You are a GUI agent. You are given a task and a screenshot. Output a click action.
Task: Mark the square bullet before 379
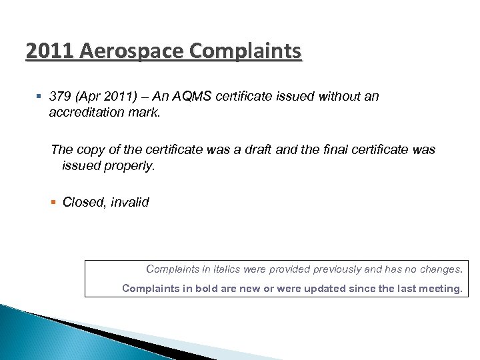pos(40,97)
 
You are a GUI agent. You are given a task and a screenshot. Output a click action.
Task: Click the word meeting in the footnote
pos(441,289)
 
